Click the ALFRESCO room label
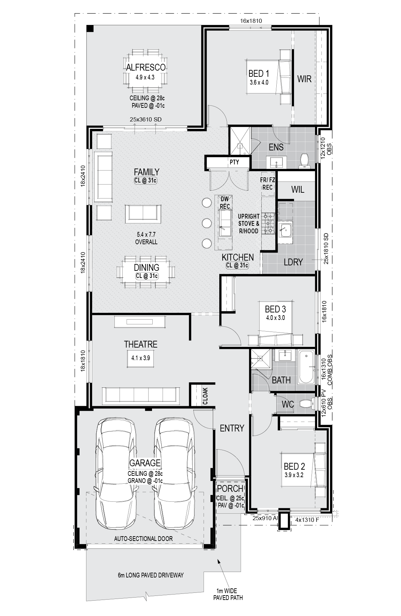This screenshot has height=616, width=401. click(146, 68)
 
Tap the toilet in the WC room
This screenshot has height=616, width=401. click(306, 404)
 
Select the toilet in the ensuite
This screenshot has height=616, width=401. click(304, 161)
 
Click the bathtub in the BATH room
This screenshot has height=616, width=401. click(306, 367)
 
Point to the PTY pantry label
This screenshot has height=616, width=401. click(234, 162)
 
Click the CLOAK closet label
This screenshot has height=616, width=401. click(205, 396)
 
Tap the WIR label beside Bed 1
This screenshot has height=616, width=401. click(304, 79)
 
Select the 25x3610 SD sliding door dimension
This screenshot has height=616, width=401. click(146, 119)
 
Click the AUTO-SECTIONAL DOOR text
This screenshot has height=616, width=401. click(143, 539)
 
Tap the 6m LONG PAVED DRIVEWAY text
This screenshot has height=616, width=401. click(151, 575)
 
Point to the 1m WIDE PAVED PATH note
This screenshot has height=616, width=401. click(228, 594)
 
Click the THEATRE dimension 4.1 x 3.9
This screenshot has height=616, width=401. click(140, 358)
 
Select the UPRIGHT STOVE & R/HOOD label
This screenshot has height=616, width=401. click(249, 224)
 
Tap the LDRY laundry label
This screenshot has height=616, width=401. click(293, 262)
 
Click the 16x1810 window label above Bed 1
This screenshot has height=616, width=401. click(251, 21)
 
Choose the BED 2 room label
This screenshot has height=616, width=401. click(294, 466)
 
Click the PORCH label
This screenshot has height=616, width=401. click(230, 489)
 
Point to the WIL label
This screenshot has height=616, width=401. click(298, 190)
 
